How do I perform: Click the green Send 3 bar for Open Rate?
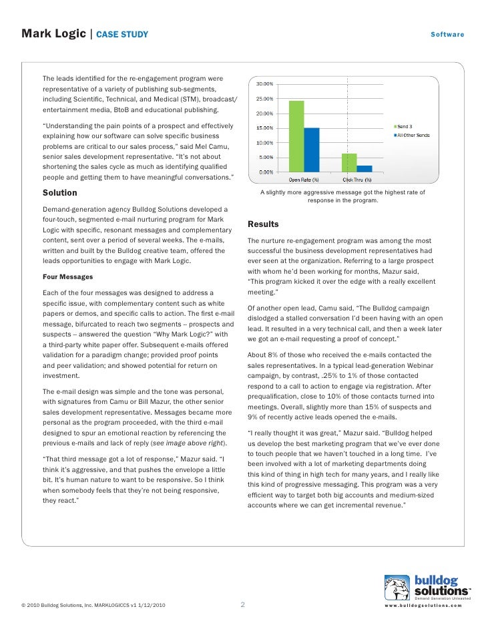click(296, 136)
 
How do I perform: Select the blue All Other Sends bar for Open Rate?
click(311, 150)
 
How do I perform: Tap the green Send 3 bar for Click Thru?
click(349, 162)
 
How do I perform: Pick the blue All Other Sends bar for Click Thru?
click(364, 168)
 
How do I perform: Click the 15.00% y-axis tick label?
click(266, 128)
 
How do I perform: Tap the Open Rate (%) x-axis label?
click(304, 179)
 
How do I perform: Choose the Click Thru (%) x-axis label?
click(357, 179)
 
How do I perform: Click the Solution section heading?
click(60, 193)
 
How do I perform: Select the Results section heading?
click(263, 224)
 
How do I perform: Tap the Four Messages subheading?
click(67, 276)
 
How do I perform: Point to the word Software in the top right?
click(447, 34)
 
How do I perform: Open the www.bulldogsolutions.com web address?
click(424, 606)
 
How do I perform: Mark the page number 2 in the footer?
click(242, 606)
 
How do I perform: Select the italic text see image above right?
click(188, 443)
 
